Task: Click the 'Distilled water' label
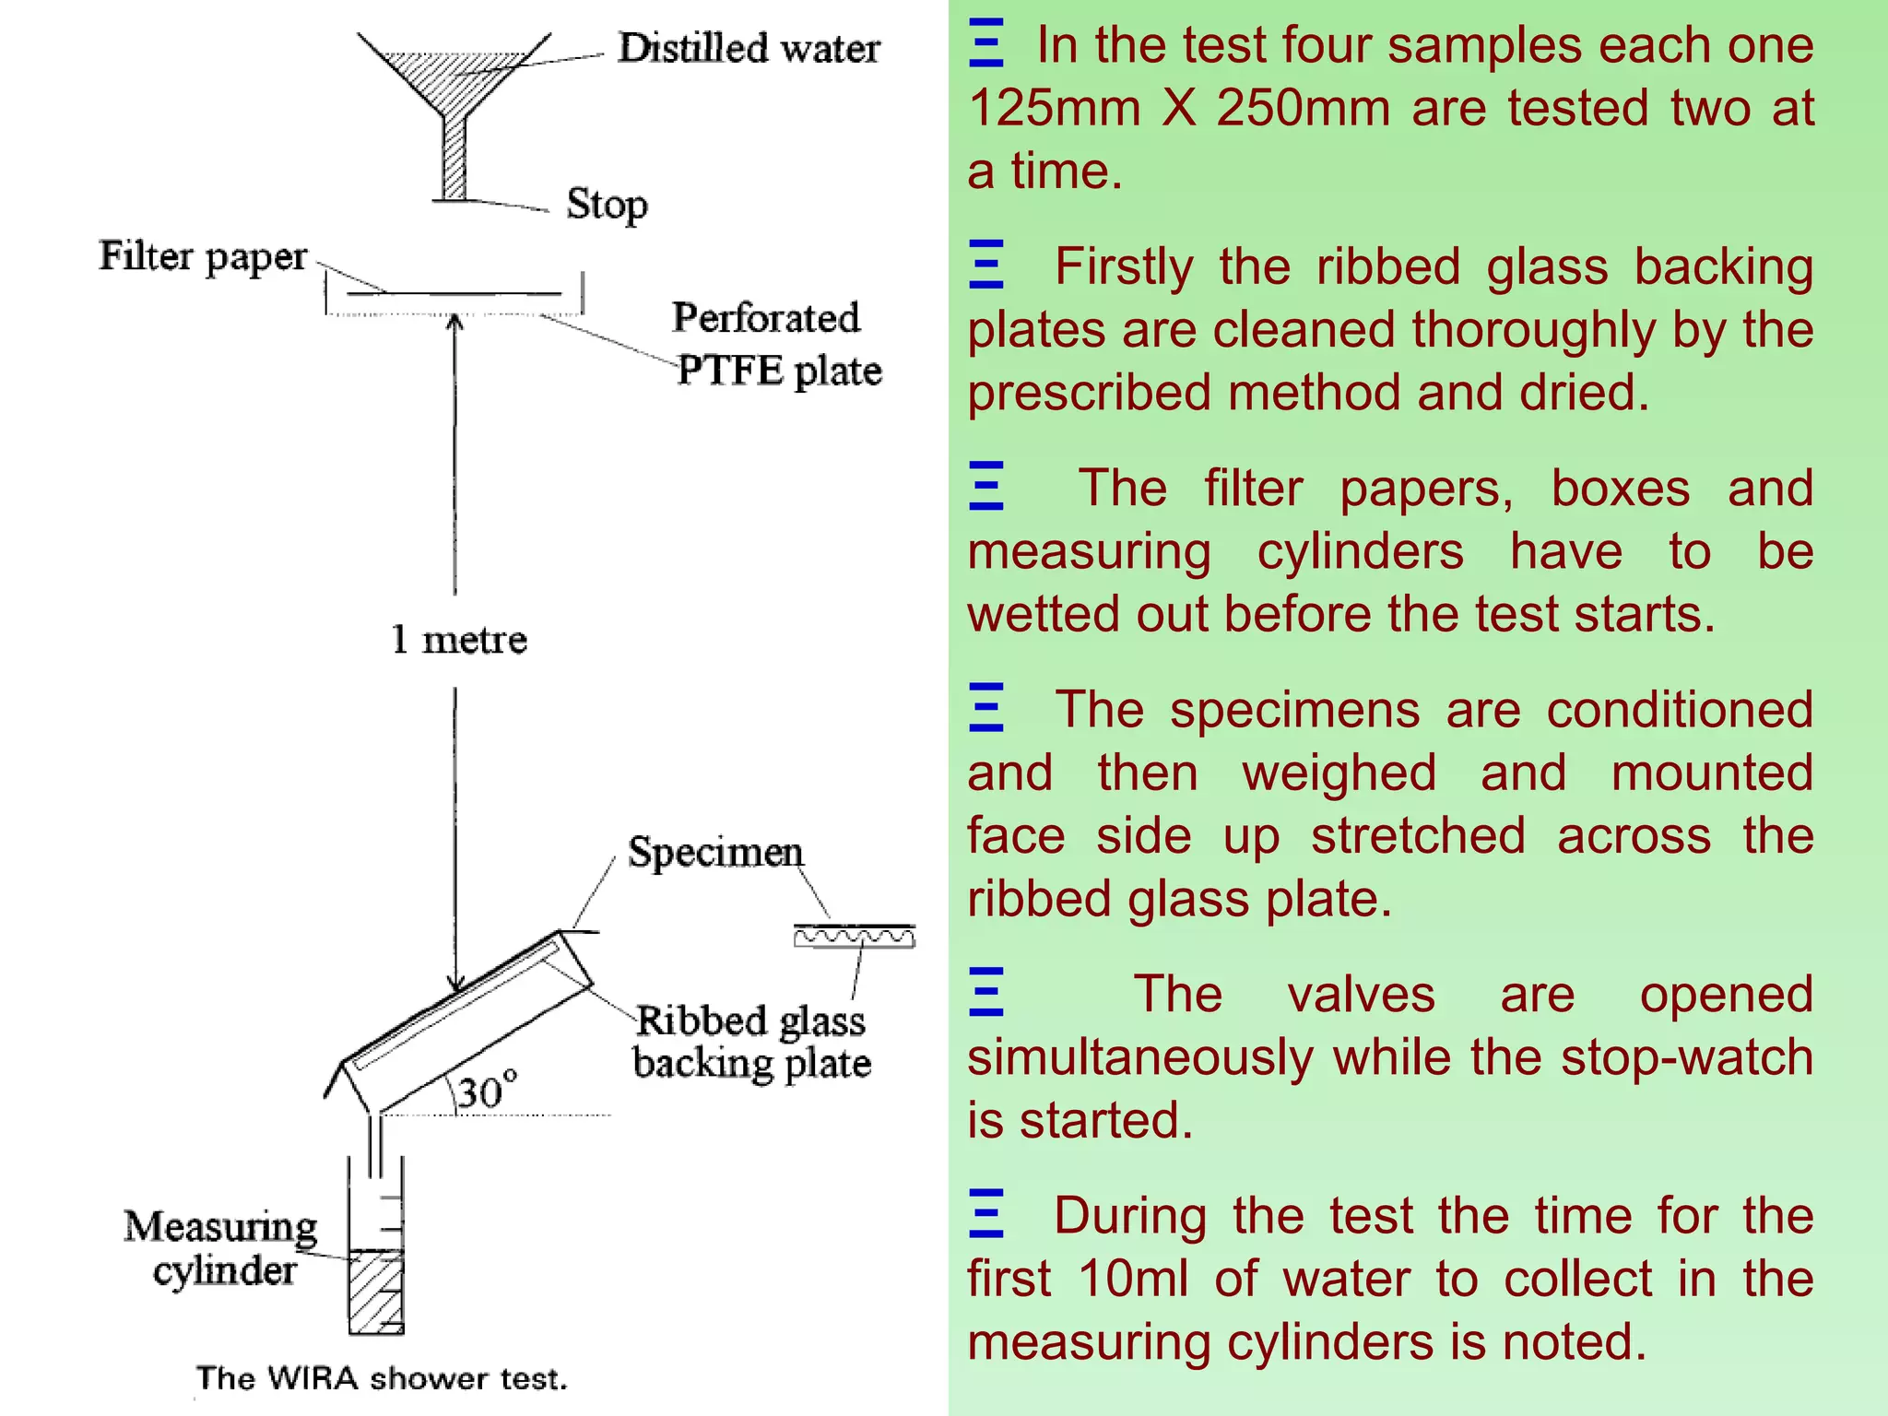748,48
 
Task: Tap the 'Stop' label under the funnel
607,204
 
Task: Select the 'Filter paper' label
203,256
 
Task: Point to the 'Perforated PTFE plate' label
774,344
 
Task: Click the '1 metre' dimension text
458,639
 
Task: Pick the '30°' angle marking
486,1092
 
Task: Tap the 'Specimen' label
715,852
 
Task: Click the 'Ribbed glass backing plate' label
750,1042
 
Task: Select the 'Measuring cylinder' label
221,1247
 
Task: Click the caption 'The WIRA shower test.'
382,1378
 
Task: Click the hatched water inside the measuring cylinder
376,1291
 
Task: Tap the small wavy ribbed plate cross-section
855,938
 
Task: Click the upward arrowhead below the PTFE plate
454,321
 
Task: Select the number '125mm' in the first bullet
1055,108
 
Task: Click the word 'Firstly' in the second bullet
1124,266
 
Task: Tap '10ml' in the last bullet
1132,1279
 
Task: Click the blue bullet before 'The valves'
985,992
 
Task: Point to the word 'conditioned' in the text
1679,710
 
